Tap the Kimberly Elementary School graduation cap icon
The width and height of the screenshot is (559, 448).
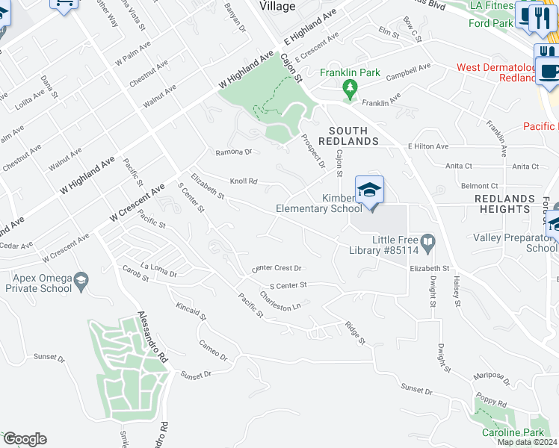[x=369, y=190]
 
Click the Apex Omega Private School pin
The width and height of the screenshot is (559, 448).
[x=81, y=281]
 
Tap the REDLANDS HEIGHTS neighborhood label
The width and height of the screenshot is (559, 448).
[x=505, y=204]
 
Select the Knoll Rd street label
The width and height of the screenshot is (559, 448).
[x=244, y=181]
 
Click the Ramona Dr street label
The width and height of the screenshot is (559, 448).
[x=234, y=152]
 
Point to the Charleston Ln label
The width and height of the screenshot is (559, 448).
[x=280, y=302]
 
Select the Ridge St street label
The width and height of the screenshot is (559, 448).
[x=354, y=332]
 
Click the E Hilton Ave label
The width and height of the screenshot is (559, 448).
[x=427, y=146]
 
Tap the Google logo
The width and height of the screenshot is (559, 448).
[x=25, y=439]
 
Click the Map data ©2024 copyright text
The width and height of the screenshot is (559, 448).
[x=526, y=442]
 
